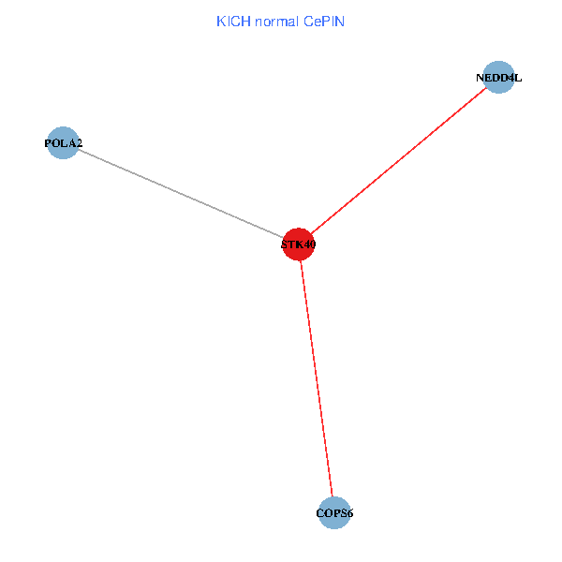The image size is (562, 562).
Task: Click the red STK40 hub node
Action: (298, 244)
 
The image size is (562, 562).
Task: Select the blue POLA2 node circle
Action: (63, 142)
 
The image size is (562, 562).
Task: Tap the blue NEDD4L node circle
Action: (498, 77)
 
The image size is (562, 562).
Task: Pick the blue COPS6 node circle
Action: (334, 513)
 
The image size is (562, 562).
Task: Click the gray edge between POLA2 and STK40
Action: (181, 194)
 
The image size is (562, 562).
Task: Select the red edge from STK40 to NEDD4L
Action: (399, 160)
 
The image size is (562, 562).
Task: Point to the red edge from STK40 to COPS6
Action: (317, 378)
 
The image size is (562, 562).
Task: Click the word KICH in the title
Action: (233, 22)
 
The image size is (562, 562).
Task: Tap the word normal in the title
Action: (276, 22)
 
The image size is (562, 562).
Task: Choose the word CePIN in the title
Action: (324, 22)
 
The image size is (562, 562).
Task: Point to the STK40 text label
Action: (298, 244)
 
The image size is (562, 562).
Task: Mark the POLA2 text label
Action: (64, 143)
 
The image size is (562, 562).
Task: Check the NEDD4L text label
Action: (499, 78)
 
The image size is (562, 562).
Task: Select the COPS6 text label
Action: (334, 513)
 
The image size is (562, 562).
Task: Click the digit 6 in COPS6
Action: (349, 513)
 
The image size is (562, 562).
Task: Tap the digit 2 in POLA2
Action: (79, 143)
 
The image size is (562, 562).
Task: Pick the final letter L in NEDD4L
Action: (518, 78)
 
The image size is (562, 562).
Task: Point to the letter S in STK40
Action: (284, 244)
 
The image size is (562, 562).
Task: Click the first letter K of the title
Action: (221, 22)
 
